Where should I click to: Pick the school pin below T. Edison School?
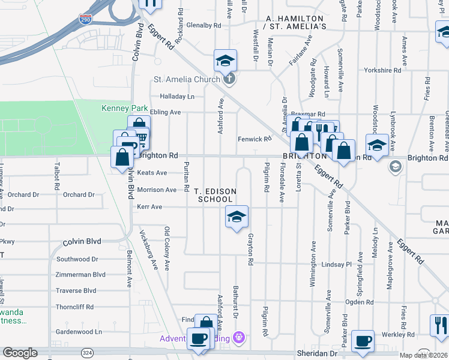(237, 217)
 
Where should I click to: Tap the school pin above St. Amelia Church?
(226, 61)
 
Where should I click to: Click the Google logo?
(20, 353)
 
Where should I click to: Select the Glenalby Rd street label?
(203, 25)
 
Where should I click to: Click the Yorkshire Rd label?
(384, 70)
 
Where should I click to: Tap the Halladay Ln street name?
(177, 96)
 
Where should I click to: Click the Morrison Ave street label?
(157, 190)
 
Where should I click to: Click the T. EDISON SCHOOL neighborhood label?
(215, 195)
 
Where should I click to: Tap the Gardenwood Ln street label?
(79, 331)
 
